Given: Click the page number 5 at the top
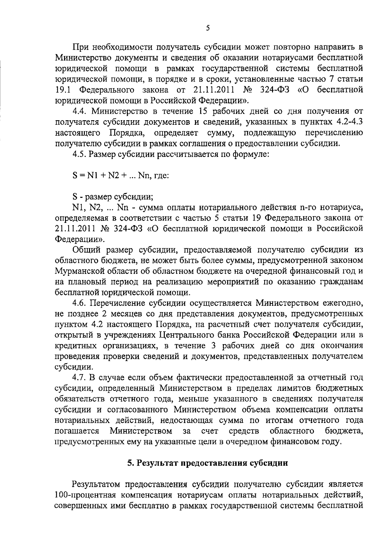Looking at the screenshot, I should (208, 28).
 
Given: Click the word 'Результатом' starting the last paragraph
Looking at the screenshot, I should (97, 484).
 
